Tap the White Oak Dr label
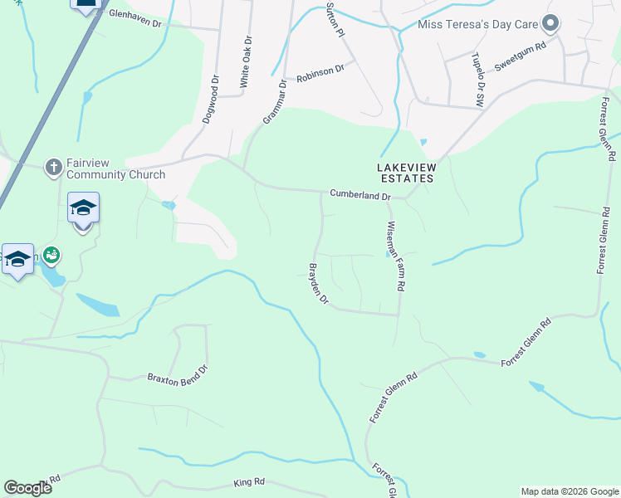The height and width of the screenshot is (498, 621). click(x=245, y=63)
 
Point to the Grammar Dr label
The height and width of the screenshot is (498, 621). click(x=274, y=101)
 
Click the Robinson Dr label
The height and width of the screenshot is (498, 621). click(x=320, y=71)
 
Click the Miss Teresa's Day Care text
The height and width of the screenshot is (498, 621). click(x=478, y=24)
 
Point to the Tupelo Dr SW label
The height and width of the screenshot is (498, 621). click(x=478, y=79)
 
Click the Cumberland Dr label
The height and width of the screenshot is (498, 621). click(x=360, y=196)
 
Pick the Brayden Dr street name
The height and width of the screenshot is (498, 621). click(x=319, y=284)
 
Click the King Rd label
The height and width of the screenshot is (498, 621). click(x=248, y=482)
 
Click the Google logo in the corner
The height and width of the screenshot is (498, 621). click(x=28, y=488)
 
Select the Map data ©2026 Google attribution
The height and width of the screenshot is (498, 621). click(x=569, y=491)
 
